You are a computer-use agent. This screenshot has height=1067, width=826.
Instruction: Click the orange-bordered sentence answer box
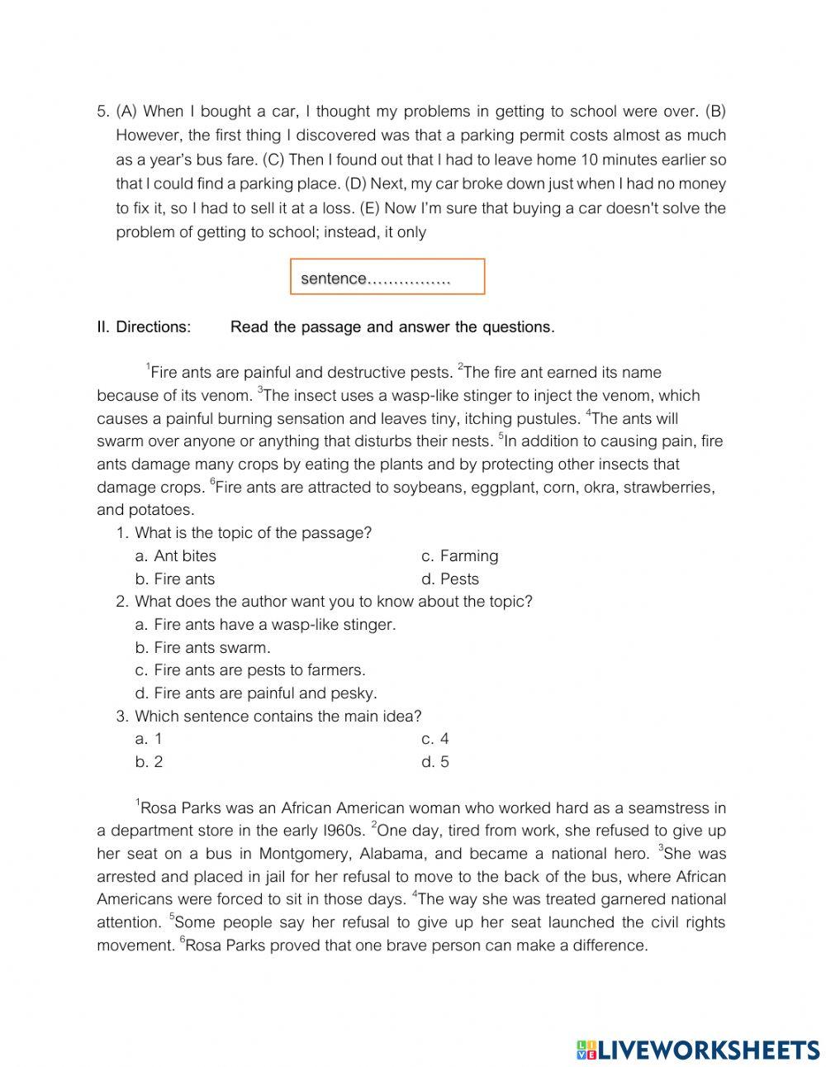point(387,277)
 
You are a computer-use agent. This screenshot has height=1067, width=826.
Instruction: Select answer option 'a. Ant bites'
point(175,556)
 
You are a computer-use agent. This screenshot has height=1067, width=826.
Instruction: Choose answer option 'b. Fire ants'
point(174,579)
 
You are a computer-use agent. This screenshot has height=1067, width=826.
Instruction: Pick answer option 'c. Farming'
point(459,556)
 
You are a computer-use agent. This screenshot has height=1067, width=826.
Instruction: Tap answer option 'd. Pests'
point(449,579)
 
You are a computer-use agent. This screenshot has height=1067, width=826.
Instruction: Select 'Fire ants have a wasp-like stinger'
point(265,625)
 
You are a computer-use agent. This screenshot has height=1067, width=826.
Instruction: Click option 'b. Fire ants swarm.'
point(202,648)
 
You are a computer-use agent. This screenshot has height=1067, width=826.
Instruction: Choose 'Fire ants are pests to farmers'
point(249,670)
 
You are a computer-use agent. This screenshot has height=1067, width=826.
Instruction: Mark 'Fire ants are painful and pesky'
point(255,693)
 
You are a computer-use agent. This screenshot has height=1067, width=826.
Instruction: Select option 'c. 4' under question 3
point(434,739)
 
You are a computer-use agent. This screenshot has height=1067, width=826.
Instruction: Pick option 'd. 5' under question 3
point(434,762)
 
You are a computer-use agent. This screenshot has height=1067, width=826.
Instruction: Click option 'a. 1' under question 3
point(149,739)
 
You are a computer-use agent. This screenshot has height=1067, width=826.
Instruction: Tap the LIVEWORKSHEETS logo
point(698,1050)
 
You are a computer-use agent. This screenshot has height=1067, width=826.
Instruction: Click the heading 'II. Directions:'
point(144,327)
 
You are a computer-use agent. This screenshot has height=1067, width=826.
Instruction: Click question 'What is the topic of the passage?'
point(253,533)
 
